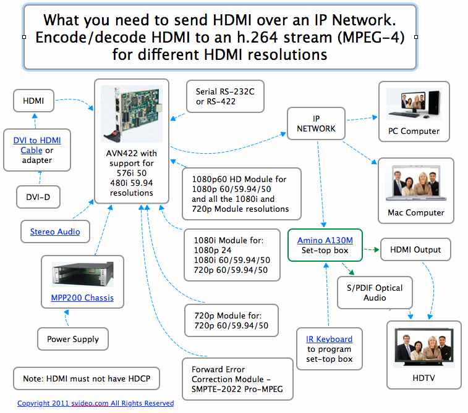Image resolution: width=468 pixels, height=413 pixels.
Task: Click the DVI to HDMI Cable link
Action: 37,145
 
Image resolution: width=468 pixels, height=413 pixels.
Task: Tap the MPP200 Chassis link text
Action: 82,298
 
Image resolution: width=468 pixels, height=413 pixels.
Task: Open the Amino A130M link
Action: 325,239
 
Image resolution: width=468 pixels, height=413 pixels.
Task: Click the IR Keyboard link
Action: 329,339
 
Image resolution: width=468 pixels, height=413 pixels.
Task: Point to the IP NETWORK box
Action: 316,123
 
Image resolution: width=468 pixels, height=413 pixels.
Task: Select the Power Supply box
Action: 73,339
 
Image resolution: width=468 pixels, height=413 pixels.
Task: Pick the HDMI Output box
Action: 415,249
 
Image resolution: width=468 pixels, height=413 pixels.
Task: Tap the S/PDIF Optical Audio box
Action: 375,293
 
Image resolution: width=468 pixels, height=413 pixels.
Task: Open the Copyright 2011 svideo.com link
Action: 95,403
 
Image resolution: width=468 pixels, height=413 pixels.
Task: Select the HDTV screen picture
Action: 424,346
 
